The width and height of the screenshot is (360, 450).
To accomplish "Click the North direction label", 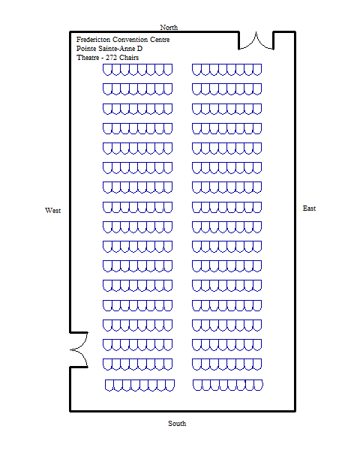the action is pyautogui.click(x=169, y=27).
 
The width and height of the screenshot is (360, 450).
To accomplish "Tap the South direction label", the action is pyautogui.click(x=177, y=423).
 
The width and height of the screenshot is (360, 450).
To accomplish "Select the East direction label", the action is pyautogui.click(x=309, y=208).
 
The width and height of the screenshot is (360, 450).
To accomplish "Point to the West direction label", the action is pyautogui.click(x=52, y=210).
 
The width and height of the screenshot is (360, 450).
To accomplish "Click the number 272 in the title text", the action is pyautogui.click(x=111, y=58).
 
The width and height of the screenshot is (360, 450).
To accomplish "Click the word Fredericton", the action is pyautogui.click(x=93, y=39).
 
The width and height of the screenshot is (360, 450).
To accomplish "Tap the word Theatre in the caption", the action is pyautogui.click(x=88, y=58).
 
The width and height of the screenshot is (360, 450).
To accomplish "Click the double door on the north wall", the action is pyautogui.click(x=256, y=40).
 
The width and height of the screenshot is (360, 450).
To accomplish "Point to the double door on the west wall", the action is pyautogui.click(x=79, y=349).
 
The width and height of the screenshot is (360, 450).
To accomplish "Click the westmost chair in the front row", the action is pyautogui.click(x=107, y=70).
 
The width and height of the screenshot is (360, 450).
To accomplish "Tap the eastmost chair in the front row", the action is pyautogui.click(x=257, y=70).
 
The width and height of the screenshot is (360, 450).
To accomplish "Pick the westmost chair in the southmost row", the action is pyautogui.click(x=109, y=385).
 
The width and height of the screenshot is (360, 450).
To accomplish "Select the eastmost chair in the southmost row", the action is pyautogui.click(x=258, y=385).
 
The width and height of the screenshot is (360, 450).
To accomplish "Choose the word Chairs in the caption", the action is pyautogui.click(x=129, y=58).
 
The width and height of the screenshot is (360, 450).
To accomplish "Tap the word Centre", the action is pyautogui.click(x=160, y=39).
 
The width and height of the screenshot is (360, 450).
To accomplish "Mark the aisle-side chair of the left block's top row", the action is pyautogui.click(x=168, y=70).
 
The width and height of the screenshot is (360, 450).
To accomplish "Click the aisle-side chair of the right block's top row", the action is pyautogui.click(x=196, y=70).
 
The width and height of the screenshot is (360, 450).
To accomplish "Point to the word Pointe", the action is pyautogui.click(x=86, y=49).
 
